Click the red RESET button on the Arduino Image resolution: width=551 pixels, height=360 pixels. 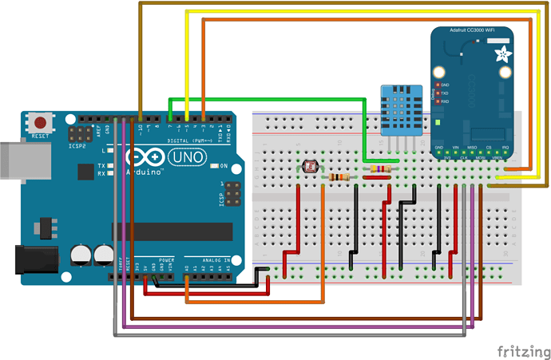[x=38, y=124]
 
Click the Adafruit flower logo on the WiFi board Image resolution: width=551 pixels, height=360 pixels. [x=504, y=55]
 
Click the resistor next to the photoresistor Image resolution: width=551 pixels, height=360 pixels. [x=342, y=177]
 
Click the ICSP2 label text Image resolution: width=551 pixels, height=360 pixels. [x=78, y=148]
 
